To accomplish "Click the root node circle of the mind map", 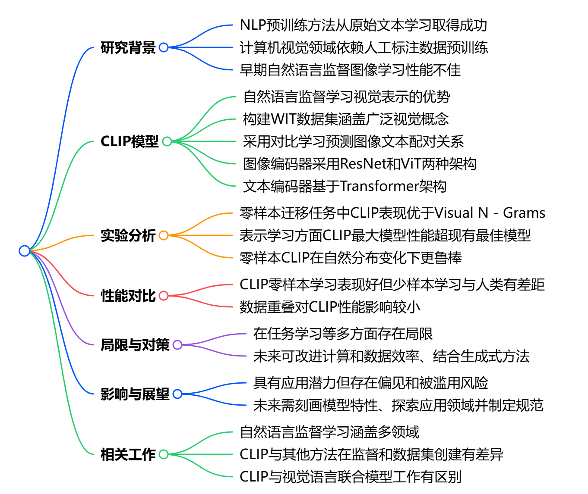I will (25, 250).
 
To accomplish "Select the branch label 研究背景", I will (128, 47).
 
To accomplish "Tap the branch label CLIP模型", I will (130, 141).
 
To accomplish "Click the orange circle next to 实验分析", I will (164, 235).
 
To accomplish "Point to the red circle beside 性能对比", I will (164, 296).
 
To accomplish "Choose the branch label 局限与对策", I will (135, 345).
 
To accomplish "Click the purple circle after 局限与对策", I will (177, 345).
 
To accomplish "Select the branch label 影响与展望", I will (135, 394).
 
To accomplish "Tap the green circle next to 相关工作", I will (164, 454).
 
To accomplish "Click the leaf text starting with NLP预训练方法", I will (363, 25).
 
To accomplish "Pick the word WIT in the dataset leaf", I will (284, 119).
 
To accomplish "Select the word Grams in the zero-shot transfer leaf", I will (524, 213).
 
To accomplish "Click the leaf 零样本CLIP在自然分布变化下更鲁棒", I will (351, 258).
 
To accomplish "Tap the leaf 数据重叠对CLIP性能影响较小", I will (330, 307).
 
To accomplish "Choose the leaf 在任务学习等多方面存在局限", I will (343, 334).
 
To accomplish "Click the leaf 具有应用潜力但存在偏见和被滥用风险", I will (370, 383).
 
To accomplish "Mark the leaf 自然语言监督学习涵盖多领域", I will (329, 432).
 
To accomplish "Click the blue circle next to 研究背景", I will (164, 47).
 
